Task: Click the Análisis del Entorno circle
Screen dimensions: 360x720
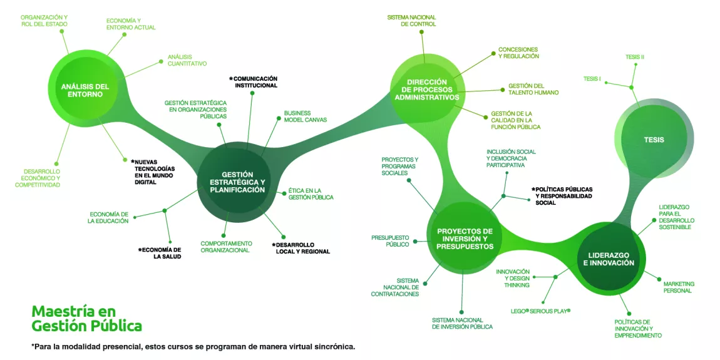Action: tap(85, 90)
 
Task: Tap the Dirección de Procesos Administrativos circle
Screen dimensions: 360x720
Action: tap(426, 89)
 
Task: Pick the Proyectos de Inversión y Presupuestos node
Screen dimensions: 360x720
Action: tap(465, 239)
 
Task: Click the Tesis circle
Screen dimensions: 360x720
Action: tap(654, 140)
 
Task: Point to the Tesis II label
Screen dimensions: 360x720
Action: tap(634, 57)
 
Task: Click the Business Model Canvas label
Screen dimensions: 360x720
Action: tap(305, 116)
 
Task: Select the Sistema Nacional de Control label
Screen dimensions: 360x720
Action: tap(411, 21)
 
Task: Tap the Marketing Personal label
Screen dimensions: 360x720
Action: tap(679, 287)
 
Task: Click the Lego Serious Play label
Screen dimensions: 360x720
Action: tap(540, 311)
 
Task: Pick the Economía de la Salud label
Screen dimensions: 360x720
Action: tap(160, 253)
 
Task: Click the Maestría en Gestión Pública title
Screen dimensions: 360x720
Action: tap(86, 319)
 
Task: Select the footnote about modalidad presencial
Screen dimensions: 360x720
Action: tap(193, 346)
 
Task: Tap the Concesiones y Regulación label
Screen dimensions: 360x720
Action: tap(518, 53)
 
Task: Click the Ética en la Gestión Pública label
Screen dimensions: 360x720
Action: tap(311, 193)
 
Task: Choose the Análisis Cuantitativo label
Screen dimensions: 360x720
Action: tap(187, 60)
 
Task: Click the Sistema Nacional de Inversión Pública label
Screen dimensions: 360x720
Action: tap(462, 323)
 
